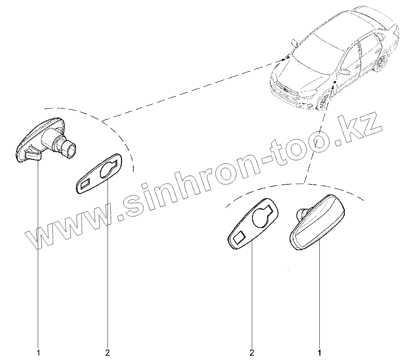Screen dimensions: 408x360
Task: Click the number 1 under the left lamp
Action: [38, 352]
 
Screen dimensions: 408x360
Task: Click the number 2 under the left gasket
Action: [107, 352]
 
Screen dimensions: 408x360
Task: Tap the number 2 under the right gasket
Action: [251, 352]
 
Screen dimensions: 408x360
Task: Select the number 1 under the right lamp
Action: [319, 352]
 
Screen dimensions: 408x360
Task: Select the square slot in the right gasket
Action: [239, 238]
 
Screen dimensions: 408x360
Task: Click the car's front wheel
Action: [323, 101]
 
